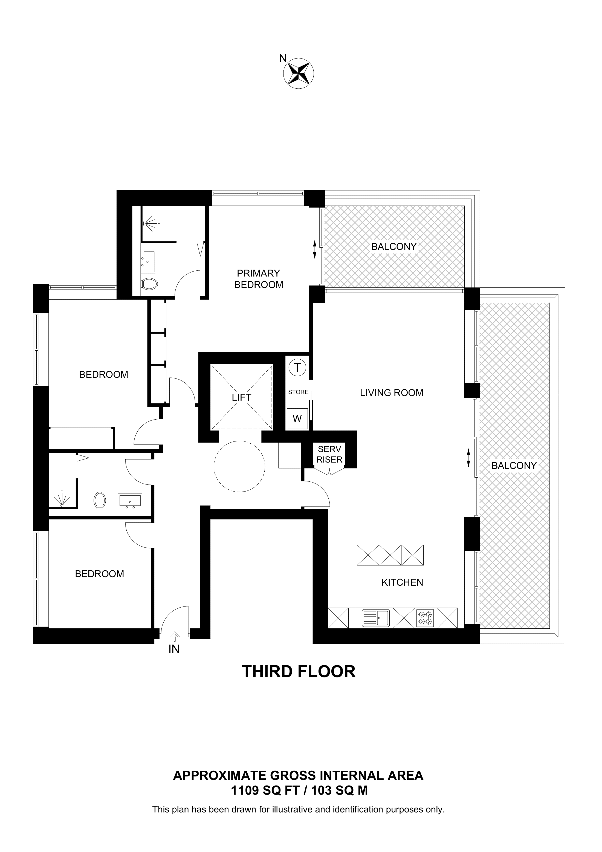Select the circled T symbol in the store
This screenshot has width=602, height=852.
(x=297, y=368)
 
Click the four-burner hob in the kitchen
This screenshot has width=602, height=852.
(x=425, y=618)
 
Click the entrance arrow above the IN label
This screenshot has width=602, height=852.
(x=174, y=637)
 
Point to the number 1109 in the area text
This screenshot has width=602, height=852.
(x=244, y=791)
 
